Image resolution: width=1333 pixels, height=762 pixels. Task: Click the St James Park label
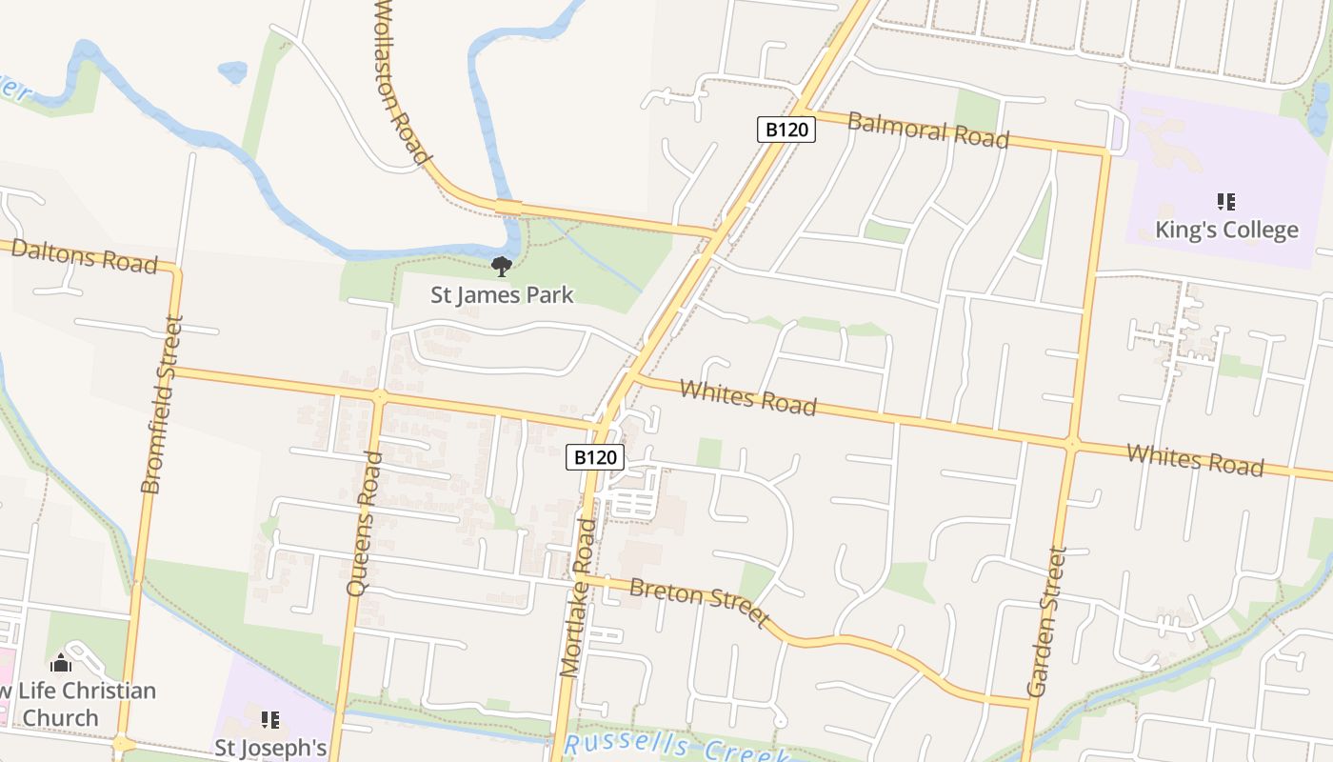coord(502,294)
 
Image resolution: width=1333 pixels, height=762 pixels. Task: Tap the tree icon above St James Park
coord(501,267)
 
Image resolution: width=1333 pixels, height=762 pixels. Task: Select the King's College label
coord(1226,230)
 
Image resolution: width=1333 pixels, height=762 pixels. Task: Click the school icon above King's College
coord(1226,201)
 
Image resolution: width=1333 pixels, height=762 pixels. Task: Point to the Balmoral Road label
coord(927,130)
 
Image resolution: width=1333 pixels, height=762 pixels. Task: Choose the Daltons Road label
coord(84,256)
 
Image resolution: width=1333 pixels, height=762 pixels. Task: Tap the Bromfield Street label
coord(161,405)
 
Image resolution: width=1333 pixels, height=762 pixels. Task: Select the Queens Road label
coord(365,524)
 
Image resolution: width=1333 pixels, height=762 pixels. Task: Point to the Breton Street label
coord(700,602)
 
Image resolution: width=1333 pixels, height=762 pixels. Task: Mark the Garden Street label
coord(1045,621)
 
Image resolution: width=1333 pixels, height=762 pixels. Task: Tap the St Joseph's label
coord(270,748)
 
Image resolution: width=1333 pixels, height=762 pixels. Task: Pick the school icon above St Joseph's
coord(270,720)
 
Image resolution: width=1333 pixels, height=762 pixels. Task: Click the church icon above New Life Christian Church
coord(61,663)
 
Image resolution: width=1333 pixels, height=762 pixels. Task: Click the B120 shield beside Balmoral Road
coord(786,130)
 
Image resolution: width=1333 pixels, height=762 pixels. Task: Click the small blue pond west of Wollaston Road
coord(232,70)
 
